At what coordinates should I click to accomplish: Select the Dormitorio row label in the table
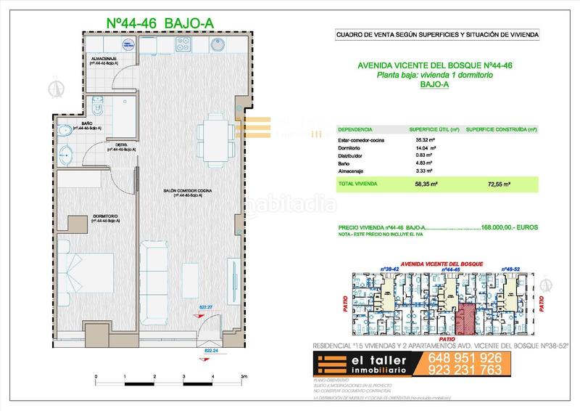click(352, 147)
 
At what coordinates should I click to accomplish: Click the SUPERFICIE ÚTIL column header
click(434, 129)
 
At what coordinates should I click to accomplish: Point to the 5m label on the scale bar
click(244, 377)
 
